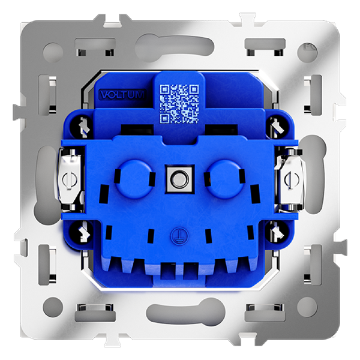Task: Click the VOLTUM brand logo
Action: [x=122, y=95]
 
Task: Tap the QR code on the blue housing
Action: [x=179, y=104]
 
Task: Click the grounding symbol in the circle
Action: [x=179, y=236]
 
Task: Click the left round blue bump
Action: [x=133, y=179]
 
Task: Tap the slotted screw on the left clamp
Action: [x=70, y=180]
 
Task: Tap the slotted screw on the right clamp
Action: [x=290, y=180]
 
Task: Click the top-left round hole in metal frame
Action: [x=53, y=52]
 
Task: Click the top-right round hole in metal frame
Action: [x=307, y=52]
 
